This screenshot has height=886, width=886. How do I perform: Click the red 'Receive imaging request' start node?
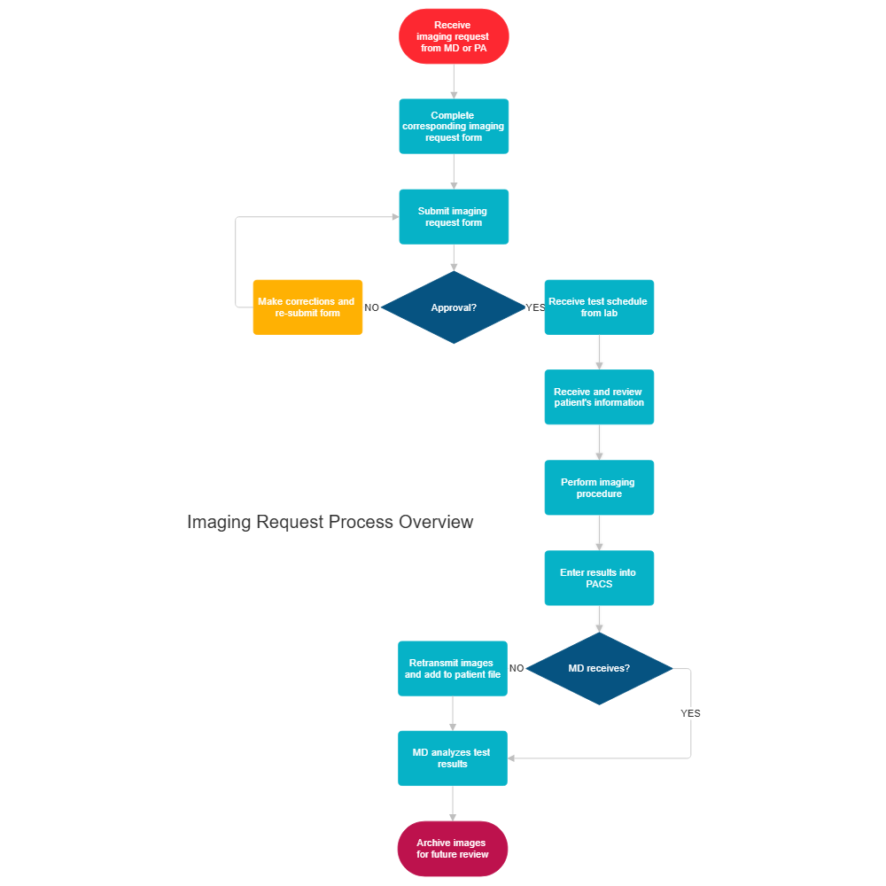pyautogui.click(x=454, y=36)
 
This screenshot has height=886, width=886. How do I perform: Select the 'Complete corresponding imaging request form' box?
pyautogui.click(x=454, y=127)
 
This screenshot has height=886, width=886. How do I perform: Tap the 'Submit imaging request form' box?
pyautogui.click(x=454, y=217)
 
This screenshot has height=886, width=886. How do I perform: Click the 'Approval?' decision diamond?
pyautogui.click(x=454, y=307)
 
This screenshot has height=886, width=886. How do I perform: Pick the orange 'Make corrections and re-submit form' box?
pyautogui.click(x=307, y=307)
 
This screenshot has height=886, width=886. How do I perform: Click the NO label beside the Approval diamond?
pyautogui.click(x=372, y=307)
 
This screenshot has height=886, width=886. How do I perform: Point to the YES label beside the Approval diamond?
pyautogui.click(x=535, y=307)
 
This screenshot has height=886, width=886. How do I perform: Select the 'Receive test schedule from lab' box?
pyautogui.click(x=599, y=307)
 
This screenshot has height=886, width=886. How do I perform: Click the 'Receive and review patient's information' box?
pyautogui.click(x=599, y=398)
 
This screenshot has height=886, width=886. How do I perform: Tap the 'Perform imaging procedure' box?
pyautogui.click(x=599, y=488)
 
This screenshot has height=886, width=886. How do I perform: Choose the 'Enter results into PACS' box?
pyautogui.click(x=599, y=579)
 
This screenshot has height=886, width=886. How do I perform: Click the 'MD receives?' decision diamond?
pyautogui.click(x=599, y=668)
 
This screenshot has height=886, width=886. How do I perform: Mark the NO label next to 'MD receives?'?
pyautogui.click(x=517, y=668)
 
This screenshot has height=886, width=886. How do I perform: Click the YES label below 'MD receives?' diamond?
pyautogui.click(x=690, y=713)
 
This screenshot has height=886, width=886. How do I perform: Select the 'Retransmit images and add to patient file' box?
pyautogui.click(x=453, y=669)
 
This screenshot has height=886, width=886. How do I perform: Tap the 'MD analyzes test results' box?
pyautogui.click(x=453, y=758)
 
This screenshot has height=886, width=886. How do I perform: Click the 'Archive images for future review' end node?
pyautogui.click(x=453, y=849)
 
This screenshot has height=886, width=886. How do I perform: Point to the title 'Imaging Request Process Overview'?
pyautogui.click(x=330, y=522)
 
